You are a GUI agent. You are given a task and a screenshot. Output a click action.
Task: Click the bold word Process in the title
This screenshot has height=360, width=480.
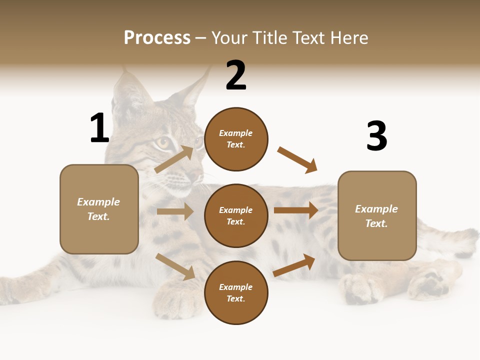157,38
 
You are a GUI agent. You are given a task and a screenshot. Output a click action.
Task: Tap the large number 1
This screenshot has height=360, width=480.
99,128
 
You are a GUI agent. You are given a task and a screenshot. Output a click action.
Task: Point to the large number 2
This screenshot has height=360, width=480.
236,76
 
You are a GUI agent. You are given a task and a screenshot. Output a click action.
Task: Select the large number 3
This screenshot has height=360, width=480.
376,136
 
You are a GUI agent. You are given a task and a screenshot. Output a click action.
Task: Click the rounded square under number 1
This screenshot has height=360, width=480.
99,209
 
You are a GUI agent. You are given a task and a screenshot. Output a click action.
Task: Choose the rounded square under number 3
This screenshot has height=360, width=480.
377,216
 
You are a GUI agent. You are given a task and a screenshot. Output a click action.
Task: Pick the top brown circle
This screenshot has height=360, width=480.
236,139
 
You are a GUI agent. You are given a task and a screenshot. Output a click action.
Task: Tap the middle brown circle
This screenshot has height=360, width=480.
236,215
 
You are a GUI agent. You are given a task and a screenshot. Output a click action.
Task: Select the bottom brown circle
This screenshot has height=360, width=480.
236,292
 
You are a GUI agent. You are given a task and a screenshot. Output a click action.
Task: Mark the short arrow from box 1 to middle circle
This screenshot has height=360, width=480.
175,211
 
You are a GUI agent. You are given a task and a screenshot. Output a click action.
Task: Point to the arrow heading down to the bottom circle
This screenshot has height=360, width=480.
175,266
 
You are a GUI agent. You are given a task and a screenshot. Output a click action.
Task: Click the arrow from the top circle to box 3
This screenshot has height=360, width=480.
297,159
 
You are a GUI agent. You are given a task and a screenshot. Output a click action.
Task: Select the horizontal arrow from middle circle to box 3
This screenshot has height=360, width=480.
296,210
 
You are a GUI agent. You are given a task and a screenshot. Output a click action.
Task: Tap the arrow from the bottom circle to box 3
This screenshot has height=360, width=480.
294,265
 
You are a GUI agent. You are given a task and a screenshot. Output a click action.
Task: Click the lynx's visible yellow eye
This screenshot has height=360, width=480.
163,143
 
